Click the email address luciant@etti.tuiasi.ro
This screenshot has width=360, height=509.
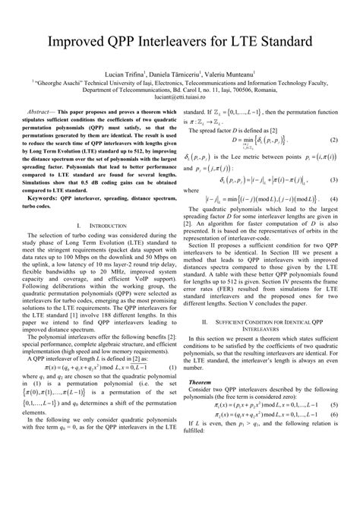[179, 98]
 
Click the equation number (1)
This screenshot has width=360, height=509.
[172, 368]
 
